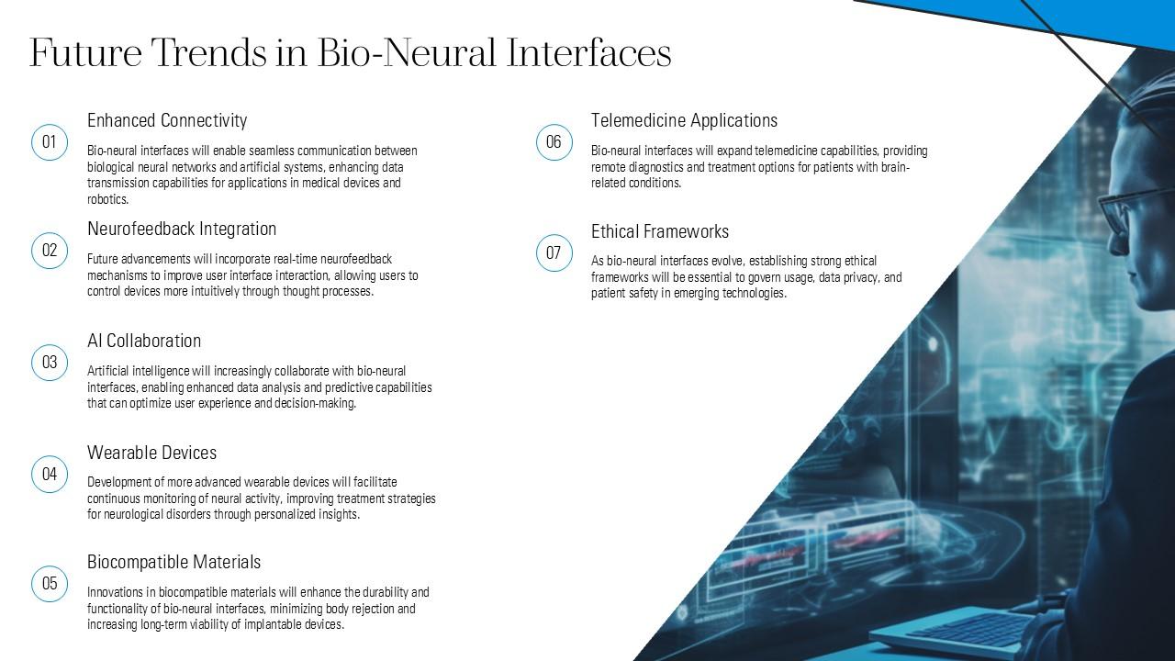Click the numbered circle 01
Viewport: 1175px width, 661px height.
pyautogui.click(x=50, y=142)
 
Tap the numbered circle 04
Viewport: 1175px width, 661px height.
pyautogui.click(x=50, y=475)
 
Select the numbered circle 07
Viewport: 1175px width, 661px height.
pyautogui.click(x=554, y=253)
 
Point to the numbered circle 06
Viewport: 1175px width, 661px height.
pyautogui.click(x=554, y=142)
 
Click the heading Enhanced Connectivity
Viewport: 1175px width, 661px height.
pyautogui.click(x=167, y=120)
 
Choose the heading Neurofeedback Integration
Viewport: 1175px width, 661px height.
pyautogui.click(x=182, y=229)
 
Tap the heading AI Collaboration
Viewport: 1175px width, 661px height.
pyautogui.click(x=144, y=341)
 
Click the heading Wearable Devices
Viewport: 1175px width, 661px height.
pyautogui.click(x=151, y=453)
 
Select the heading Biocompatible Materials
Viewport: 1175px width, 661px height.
pyautogui.click(x=173, y=562)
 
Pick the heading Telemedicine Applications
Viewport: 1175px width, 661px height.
pyautogui.click(x=684, y=120)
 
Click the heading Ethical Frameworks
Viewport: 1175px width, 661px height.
pyautogui.click(x=659, y=231)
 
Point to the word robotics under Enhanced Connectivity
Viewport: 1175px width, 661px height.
pyautogui.click(x=107, y=199)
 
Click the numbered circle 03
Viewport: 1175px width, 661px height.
pyautogui.click(x=50, y=363)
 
